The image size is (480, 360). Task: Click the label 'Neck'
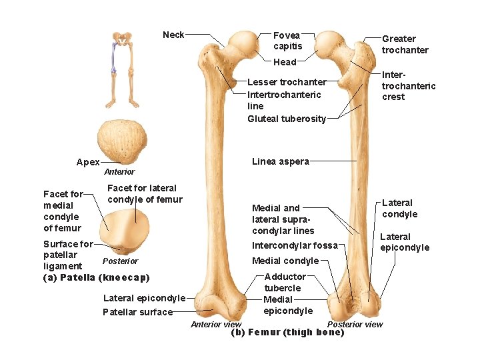[173, 35]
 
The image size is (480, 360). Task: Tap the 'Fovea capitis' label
[287, 41]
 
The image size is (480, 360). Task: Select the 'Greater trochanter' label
[405, 45]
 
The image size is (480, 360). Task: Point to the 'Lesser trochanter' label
[287, 83]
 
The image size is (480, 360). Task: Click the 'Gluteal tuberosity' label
[287, 119]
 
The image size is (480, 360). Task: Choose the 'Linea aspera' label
[281, 161]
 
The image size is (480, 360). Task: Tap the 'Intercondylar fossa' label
[295, 245]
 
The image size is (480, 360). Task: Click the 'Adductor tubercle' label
[285, 282]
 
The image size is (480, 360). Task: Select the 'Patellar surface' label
[137, 312]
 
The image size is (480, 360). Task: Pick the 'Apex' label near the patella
[88, 162]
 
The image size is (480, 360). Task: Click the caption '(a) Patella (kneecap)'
[97, 277]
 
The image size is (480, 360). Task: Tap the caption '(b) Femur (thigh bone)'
[287, 333]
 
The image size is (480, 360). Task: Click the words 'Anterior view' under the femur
[216, 325]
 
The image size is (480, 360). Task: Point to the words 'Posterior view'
[355, 325]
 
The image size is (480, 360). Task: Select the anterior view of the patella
[121, 142]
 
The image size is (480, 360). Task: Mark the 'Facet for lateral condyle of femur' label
[145, 194]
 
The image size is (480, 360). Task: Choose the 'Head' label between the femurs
[285, 62]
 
